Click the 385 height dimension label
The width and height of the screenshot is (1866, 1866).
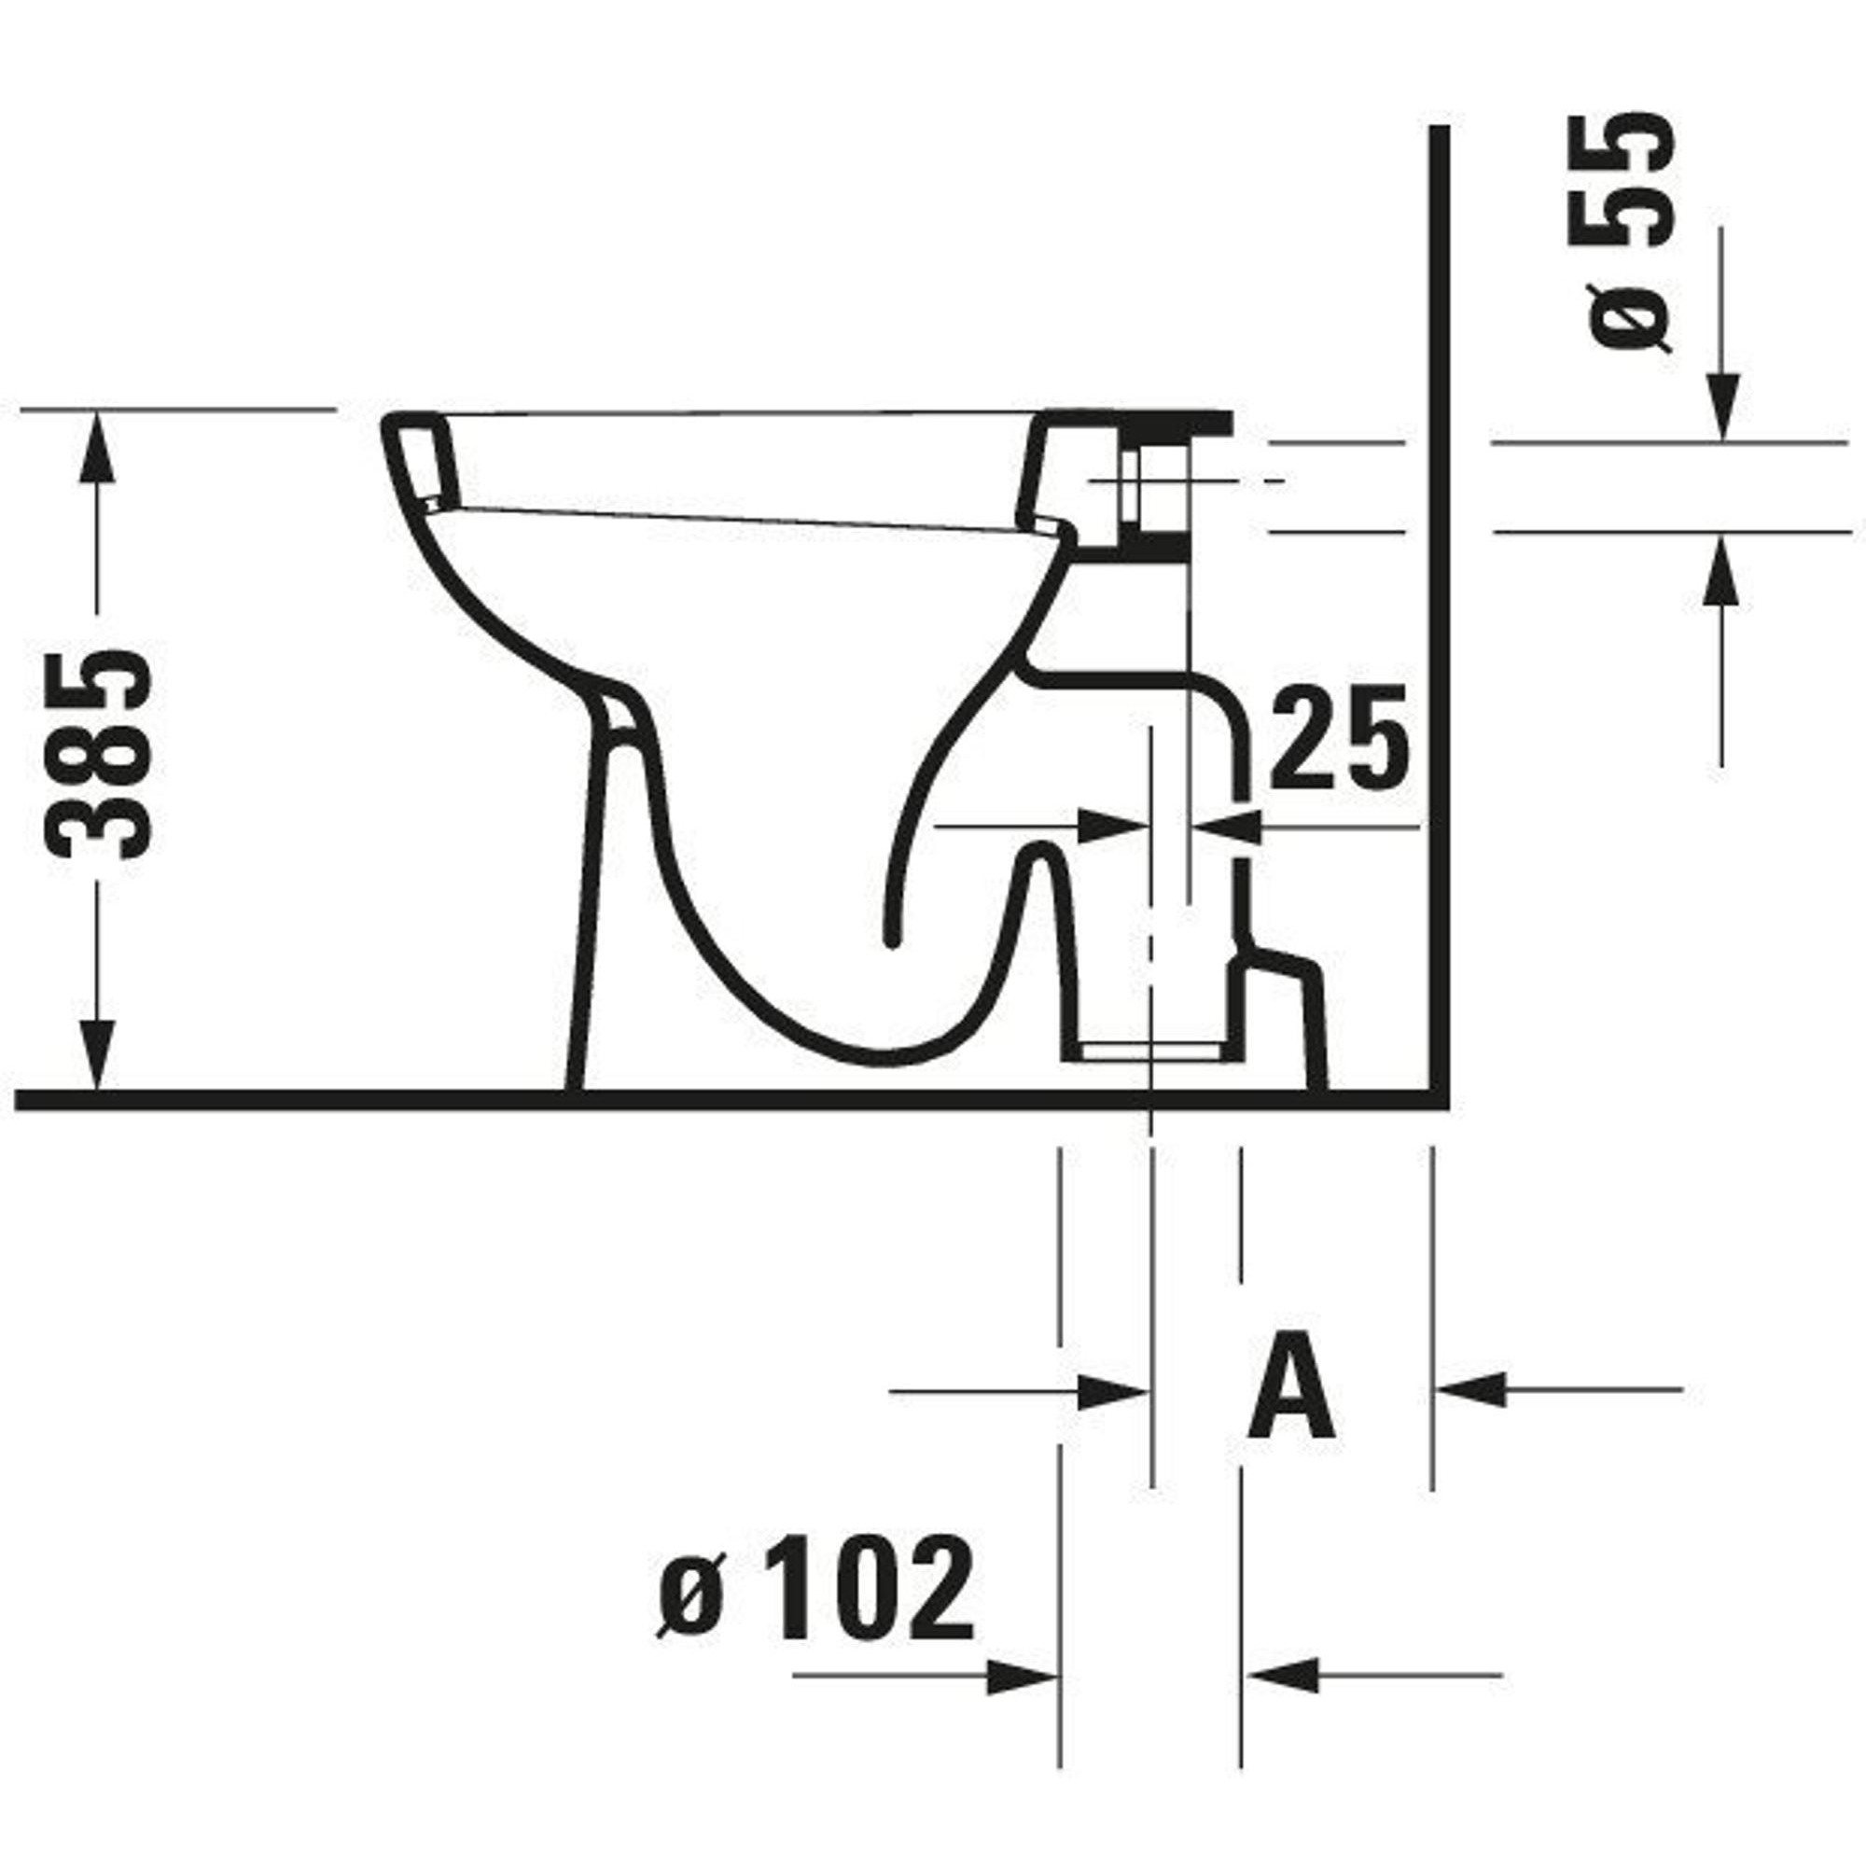[99, 753]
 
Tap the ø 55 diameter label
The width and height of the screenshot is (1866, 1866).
[1630, 230]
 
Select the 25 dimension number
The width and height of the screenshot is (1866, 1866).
[1339, 737]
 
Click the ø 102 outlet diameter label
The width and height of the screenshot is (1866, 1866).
[816, 1588]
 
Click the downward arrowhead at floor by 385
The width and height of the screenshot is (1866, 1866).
[97, 1054]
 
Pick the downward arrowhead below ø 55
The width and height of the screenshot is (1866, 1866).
[1721, 407]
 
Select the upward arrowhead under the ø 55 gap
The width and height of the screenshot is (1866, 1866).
[1721, 569]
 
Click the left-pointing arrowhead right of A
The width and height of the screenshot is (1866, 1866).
[1471, 1390]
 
